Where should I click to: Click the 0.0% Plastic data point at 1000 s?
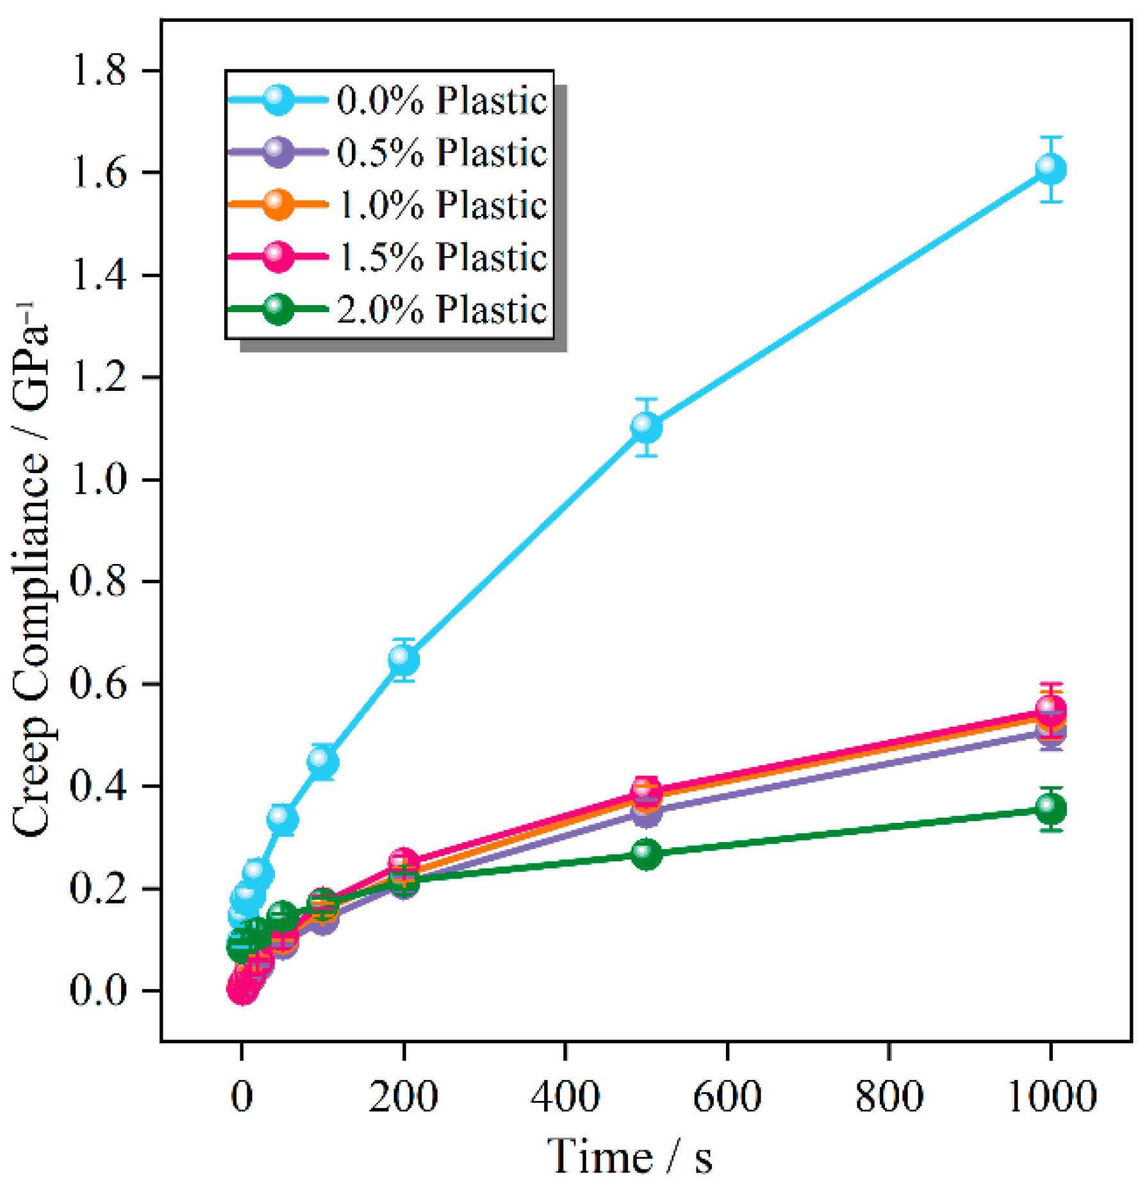(x=1050, y=169)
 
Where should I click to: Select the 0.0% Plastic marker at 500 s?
(x=646, y=427)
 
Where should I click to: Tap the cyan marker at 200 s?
(x=404, y=659)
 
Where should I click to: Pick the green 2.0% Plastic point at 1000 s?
(x=1050, y=809)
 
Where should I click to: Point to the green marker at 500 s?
(x=646, y=854)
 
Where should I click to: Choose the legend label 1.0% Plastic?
(x=441, y=204)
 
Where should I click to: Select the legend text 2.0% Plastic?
(x=441, y=310)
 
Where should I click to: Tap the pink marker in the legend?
(x=278, y=256)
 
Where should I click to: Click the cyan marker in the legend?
(x=278, y=99)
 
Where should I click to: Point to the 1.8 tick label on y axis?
(x=99, y=70)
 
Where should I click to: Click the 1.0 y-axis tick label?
(x=99, y=479)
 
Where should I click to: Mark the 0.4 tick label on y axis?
(x=99, y=786)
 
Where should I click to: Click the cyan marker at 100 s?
(x=323, y=761)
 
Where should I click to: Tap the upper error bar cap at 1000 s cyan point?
(x=1051, y=137)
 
